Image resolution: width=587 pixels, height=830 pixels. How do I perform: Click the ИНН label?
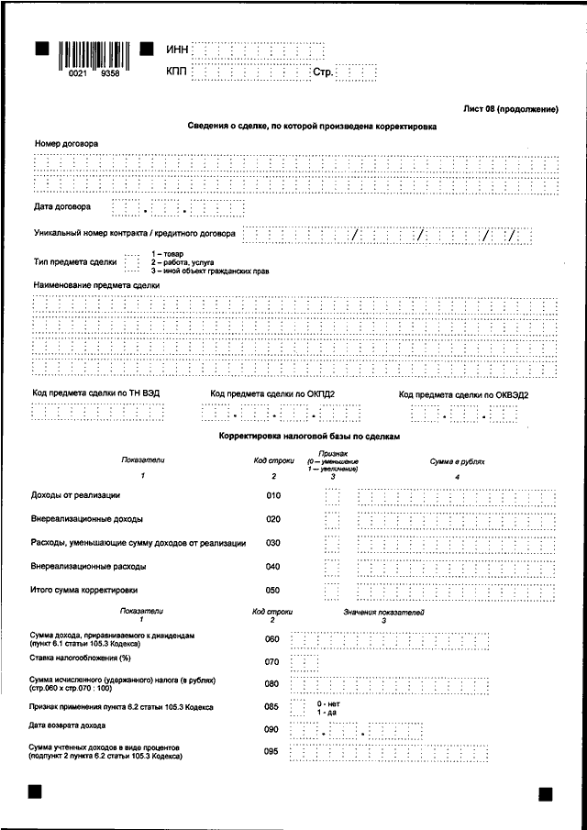[x=178, y=49]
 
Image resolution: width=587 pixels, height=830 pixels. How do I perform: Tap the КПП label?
[x=178, y=71]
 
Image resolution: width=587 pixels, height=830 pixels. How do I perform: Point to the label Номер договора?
[x=66, y=144]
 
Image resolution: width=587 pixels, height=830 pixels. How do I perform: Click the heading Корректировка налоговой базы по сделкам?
[x=310, y=438]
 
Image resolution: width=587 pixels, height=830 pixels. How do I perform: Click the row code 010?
[x=272, y=496]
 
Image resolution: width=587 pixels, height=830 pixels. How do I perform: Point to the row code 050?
[x=272, y=591]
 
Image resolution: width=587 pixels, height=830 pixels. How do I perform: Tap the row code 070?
[x=271, y=661]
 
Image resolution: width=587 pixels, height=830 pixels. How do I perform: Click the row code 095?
[x=271, y=753]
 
